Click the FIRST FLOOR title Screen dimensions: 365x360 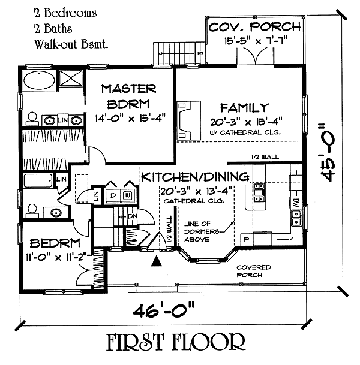(x=176, y=343)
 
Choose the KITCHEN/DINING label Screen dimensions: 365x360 (x=195, y=177)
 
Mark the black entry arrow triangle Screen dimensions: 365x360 (x=157, y=261)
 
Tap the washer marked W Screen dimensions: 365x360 (x=127, y=195)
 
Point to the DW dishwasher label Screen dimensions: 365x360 (x=295, y=206)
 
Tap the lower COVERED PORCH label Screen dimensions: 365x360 (x=253, y=271)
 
